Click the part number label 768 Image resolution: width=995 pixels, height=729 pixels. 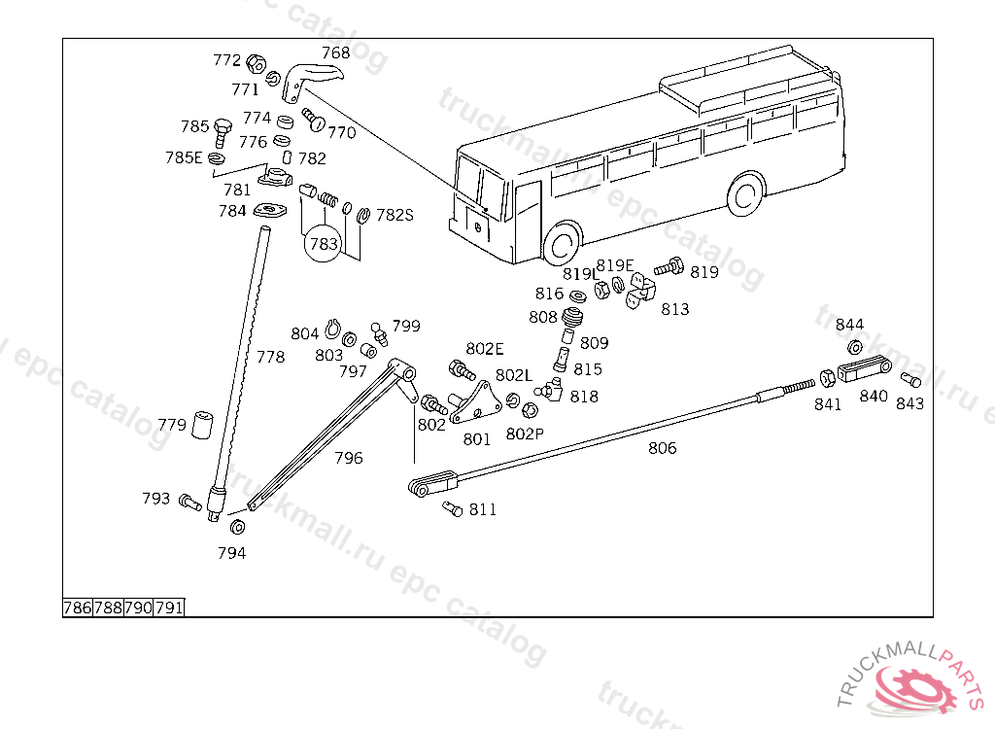coord(336,52)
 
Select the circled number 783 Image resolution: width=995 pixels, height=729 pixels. coord(324,244)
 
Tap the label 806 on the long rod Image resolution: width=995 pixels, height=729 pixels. coord(662,448)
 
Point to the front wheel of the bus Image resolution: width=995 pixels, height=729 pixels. coord(563,244)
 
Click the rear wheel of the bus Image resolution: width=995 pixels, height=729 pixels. coord(745,194)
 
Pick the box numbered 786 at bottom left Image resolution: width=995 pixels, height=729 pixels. coord(78,607)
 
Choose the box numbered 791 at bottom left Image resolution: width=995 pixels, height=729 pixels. coord(169,607)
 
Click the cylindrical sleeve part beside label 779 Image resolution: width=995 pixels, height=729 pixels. coord(202,425)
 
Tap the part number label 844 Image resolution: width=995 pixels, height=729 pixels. coord(849,325)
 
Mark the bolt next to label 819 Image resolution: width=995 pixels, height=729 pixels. coord(669,265)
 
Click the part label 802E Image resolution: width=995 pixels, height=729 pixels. coord(485,349)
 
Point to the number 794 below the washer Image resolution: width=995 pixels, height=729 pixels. coord(231,553)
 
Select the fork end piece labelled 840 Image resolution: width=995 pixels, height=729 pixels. coord(864,369)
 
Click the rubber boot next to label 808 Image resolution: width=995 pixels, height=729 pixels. coord(572,318)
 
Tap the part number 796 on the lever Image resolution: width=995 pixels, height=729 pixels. coord(349,457)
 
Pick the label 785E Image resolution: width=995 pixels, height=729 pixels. coord(184,157)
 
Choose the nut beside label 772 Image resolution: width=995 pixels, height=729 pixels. coord(256,64)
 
